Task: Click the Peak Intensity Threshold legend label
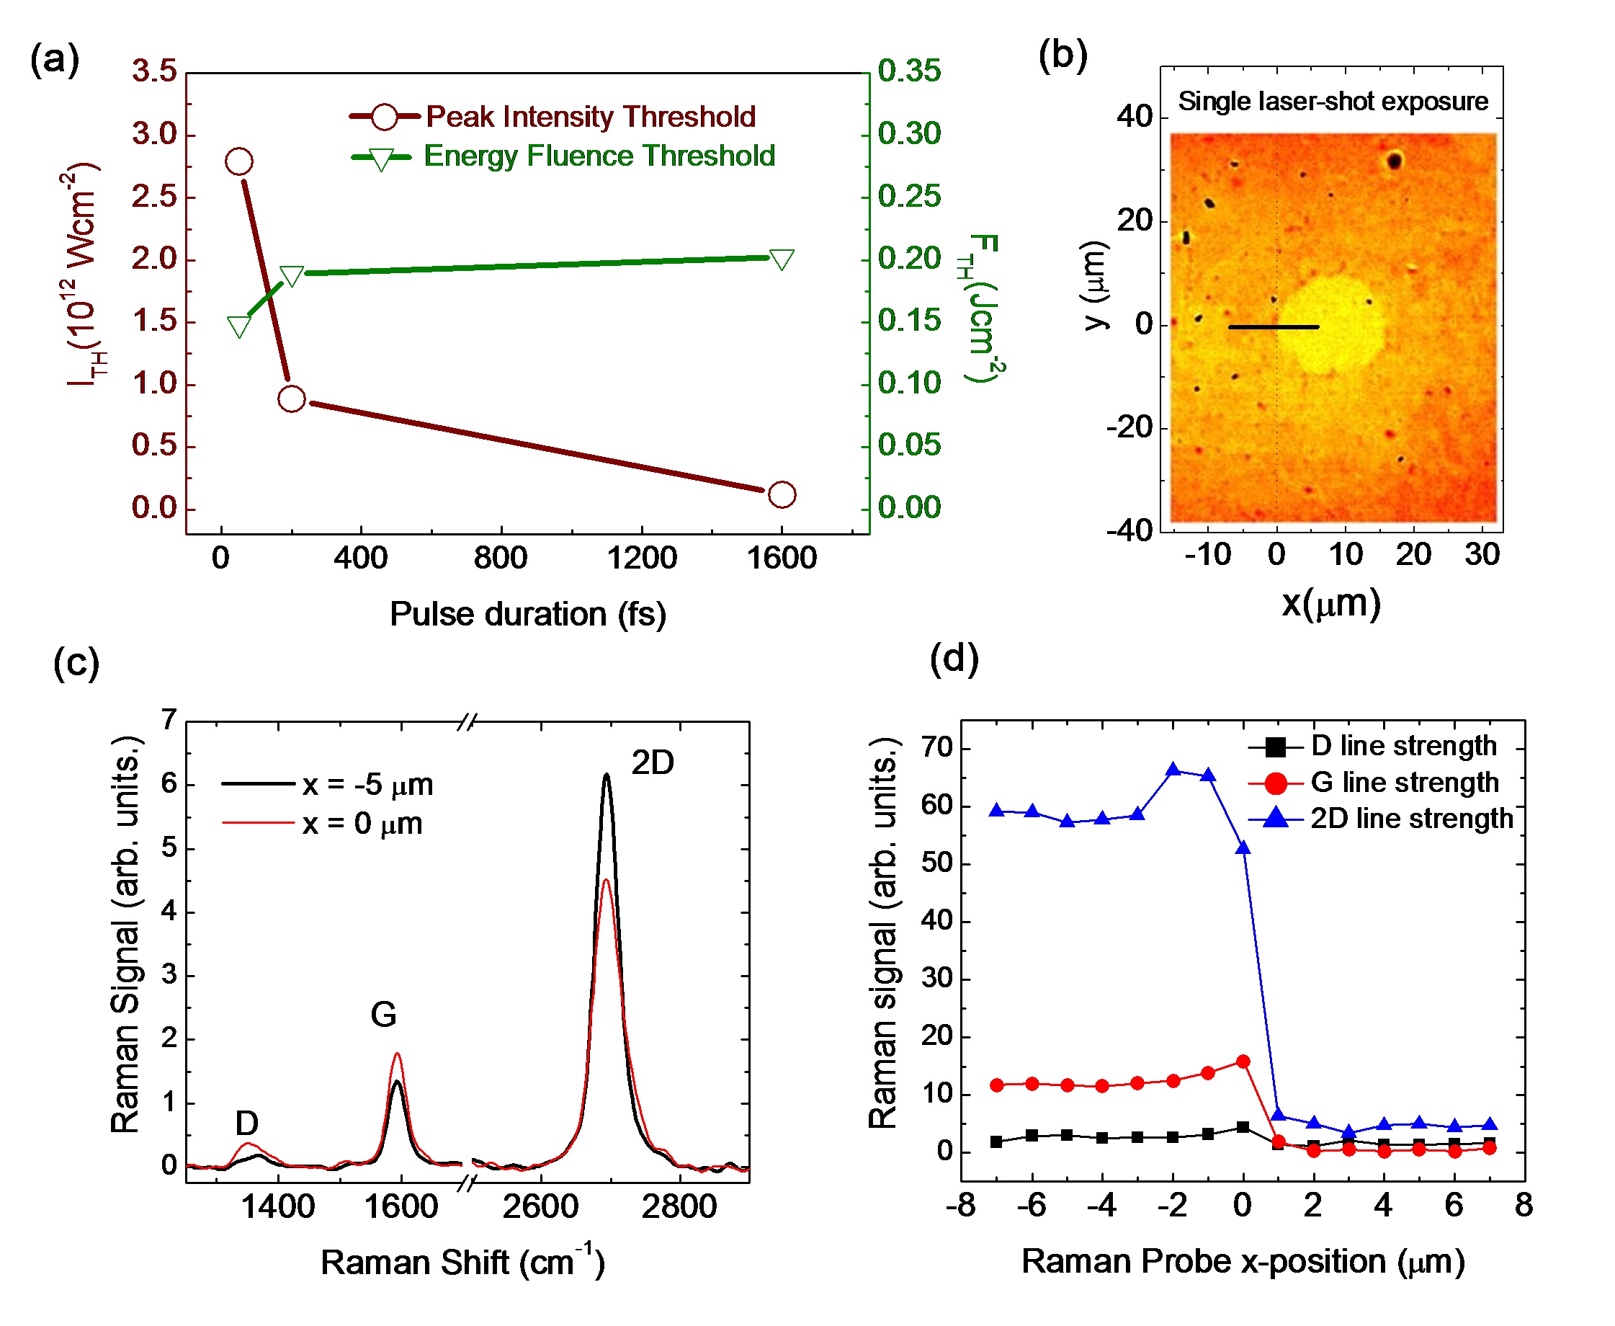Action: pos(589,117)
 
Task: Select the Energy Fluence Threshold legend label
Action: pos(599,156)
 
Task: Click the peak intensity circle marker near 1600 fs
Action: pos(781,494)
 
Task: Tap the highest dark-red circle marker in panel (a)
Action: pos(239,161)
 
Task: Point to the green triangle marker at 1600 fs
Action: pos(781,259)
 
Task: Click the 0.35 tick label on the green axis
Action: pos(908,71)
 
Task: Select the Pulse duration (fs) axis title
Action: pos(527,614)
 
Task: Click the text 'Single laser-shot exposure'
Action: pos(1333,101)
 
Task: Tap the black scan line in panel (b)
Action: pos(1273,327)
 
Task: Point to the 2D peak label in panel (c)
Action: pos(652,762)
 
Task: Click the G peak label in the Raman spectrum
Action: pos(383,1015)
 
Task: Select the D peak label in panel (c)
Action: pos(246,1123)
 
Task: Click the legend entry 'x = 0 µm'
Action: pos(362,824)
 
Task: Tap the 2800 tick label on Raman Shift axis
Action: pos(679,1207)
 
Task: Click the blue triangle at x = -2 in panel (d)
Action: pos(1173,769)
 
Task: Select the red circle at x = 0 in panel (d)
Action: pos(1243,1062)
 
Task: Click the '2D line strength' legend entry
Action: pos(1411,818)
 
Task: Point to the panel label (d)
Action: pos(954,658)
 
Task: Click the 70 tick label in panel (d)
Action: pos(937,748)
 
